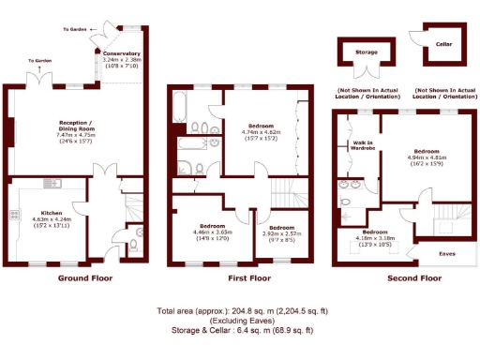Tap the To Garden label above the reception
[x=40, y=61]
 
